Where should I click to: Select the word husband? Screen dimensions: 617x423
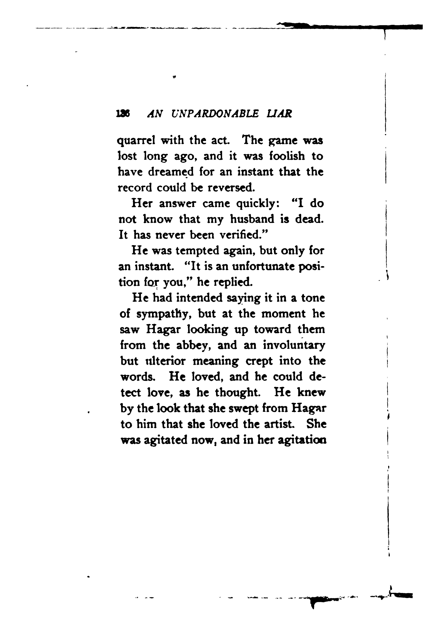[x=252, y=219]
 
